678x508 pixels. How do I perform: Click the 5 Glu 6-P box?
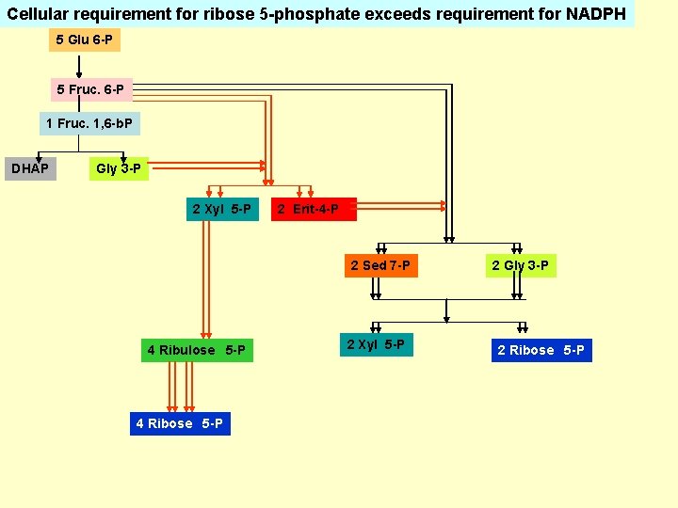click(x=85, y=40)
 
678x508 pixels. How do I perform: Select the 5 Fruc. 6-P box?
click(x=89, y=89)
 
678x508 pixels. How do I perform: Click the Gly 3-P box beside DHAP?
click(x=119, y=169)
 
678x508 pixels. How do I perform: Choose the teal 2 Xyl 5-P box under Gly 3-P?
click(x=221, y=209)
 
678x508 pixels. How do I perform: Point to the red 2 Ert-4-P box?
click(x=315, y=209)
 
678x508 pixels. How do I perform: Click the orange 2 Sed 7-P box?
click(x=379, y=265)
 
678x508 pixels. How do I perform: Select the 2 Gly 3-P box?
click(x=520, y=265)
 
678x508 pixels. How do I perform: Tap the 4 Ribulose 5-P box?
click(x=198, y=350)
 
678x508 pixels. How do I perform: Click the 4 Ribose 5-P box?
click(x=179, y=423)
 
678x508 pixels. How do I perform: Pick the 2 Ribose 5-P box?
click(x=541, y=350)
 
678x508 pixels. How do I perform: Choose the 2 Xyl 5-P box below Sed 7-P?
click(x=376, y=344)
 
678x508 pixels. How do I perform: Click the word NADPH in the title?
click(x=596, y=14)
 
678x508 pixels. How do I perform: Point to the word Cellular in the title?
click(x=40, y=14)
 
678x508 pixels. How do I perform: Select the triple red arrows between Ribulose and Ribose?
click(x=181, y=387)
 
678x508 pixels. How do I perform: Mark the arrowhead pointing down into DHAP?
click(x=39, y=157)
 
